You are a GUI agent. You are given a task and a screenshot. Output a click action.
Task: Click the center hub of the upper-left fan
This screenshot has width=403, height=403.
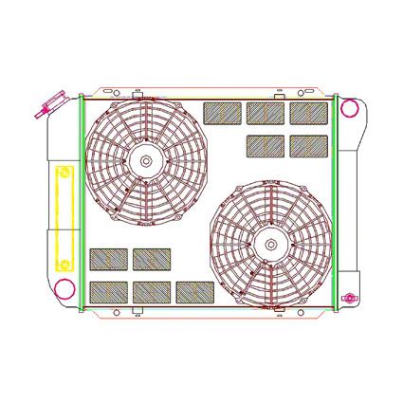144,160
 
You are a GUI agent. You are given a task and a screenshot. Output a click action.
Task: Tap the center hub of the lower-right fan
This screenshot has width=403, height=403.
271,244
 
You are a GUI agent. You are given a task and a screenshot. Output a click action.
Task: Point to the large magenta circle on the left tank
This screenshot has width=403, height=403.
65,290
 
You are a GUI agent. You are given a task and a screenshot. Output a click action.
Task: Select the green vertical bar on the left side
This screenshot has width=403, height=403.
82,203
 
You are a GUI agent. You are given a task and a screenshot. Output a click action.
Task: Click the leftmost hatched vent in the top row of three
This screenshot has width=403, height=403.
223,113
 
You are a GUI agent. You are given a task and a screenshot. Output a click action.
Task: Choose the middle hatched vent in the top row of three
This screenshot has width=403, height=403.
266,113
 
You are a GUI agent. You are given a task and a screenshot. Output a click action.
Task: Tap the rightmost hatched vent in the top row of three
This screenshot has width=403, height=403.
308,113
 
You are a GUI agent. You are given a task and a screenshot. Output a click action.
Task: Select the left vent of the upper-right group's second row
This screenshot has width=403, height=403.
266,145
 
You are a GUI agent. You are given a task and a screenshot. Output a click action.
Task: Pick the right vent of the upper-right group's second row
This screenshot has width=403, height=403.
308,145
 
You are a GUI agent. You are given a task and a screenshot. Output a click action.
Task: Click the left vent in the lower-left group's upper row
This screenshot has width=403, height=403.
109,259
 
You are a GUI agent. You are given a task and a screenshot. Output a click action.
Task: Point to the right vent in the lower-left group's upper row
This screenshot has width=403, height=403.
152,259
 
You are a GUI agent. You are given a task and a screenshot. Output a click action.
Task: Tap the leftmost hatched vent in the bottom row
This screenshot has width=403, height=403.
109,291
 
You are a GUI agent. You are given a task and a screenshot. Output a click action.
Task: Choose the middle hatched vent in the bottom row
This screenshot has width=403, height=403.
152,291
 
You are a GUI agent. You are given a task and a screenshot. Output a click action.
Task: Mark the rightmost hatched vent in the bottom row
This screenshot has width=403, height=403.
194,291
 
